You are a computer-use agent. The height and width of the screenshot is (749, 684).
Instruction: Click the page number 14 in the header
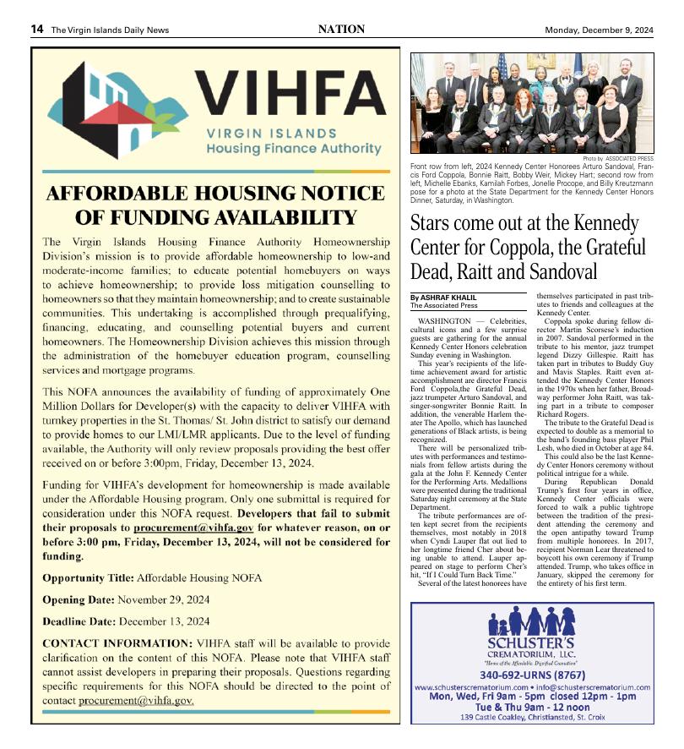click(37, 30)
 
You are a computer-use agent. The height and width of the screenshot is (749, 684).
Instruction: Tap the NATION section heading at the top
click(341, 30)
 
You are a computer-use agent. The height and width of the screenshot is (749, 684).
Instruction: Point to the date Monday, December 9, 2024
click(599, 30)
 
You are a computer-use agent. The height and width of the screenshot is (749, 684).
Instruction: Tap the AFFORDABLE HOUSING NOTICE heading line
click(216, 193)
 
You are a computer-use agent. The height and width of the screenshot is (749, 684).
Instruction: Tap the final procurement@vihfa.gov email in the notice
click(142, 701)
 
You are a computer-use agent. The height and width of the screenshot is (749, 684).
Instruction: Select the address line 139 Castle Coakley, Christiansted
click(532, 718)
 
